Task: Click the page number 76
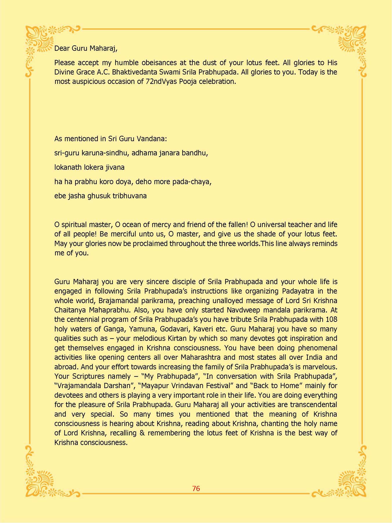pos(196,488)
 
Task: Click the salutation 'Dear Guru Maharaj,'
pos(86,49)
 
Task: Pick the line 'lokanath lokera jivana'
pos(89,167)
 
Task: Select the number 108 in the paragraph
pos(331,320)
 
